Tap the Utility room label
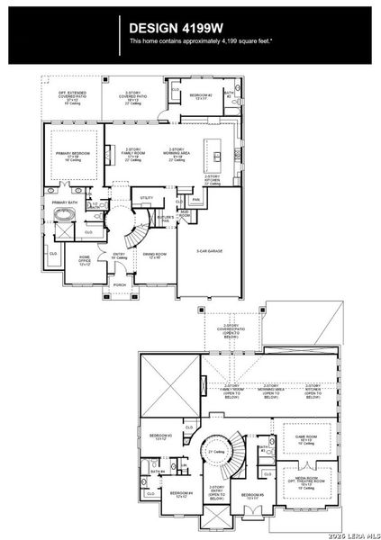pos(146,196)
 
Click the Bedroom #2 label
pos(201,94)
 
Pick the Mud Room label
pos(184,213)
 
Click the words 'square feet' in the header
pos(251,41)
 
